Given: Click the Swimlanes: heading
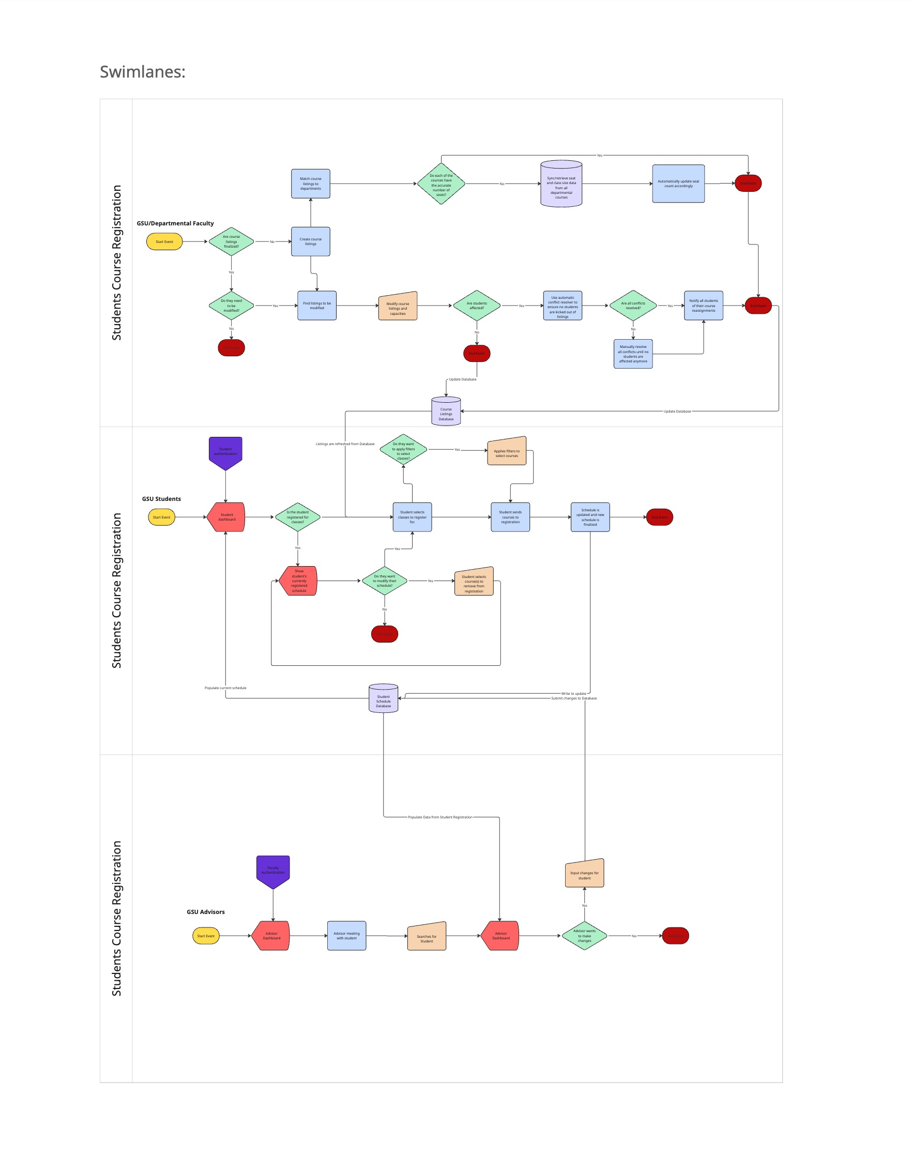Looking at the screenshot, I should click(x=142, y=71).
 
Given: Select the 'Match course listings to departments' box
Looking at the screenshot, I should click(x=310, y=184).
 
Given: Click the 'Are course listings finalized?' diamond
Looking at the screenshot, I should click(x=231, y=242).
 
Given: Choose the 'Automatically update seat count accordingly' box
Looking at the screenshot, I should click(x=678, y=184).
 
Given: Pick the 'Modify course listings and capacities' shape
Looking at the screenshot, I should click(x=398, y=307).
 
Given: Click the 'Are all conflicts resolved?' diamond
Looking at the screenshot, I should click(x=633, y=306).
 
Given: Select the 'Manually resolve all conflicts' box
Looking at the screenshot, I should click(x=633, y=354).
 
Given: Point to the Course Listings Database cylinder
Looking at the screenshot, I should click(x=446, y=413).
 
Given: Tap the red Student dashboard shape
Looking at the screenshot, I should click(x=226, y=517).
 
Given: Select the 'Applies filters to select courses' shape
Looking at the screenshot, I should click(x=507, y=452).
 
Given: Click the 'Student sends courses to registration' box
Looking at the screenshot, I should click(x=510, y=517).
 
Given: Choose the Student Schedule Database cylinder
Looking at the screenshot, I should click(x=384, y=700).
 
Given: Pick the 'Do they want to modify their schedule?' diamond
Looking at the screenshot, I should click(x=385, y=581).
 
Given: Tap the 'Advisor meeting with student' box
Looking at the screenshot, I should click(x=346, y=936).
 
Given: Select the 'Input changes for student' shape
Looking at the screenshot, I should click(x=584, y=874).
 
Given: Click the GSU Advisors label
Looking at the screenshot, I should click(x=206, y=912).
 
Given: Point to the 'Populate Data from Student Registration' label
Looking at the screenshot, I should click(x=440, y=817).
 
